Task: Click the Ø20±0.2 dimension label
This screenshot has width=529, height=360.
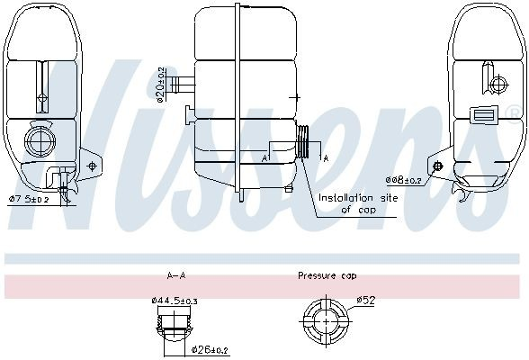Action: [x=161, y=85]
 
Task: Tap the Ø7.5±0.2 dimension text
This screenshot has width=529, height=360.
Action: [x=29, y=200]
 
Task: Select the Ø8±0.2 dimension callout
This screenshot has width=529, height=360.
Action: [x=404, y=180]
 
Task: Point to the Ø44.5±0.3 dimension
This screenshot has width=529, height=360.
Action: [x=175, y=300]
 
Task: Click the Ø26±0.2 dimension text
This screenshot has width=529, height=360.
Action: [x=210, y=350]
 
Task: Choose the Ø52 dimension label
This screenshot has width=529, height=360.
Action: [x=365, y=300]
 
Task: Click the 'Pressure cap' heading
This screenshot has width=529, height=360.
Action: [x=327, y=275]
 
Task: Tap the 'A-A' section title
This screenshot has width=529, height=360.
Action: [x=176, y=275]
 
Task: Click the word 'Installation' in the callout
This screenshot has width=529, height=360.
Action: [x=346, y=198]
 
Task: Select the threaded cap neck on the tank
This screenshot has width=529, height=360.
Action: [x=303, y=141]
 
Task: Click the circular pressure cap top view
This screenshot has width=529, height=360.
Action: [x=326, y=321]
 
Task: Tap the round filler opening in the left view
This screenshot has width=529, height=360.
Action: [x=40, y=141]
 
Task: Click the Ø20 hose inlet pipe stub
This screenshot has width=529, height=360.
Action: [x=183, y=85]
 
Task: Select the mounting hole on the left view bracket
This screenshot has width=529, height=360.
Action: [x=92, y=166]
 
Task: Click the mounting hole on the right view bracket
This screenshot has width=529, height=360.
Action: [x=437, y=166]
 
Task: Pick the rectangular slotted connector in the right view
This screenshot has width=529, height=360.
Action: [x=484, y=114]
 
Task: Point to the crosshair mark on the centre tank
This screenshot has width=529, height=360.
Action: [x=296, y=97]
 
